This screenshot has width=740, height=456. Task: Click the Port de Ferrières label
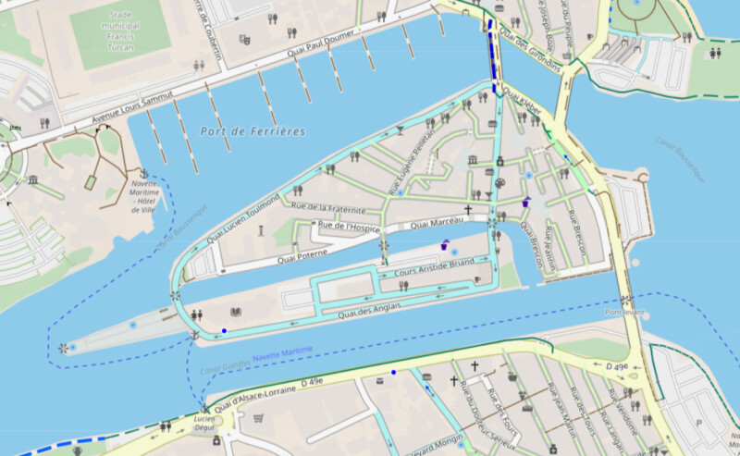tap(252, 132)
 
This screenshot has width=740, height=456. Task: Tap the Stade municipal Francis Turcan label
tap(121, 31)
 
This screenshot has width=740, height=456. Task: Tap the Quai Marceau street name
tap(436, 223)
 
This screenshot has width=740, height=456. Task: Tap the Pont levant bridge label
tap(624, 313)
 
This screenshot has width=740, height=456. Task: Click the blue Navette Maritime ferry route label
tap(282, 352)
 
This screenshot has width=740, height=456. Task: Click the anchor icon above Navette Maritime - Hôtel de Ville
tap(143, 173)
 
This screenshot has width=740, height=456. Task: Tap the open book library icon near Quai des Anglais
tap(236, 312)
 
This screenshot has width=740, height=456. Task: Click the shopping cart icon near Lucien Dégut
tap(258, 418)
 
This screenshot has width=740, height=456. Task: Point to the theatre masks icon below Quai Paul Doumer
tap(244, 40)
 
